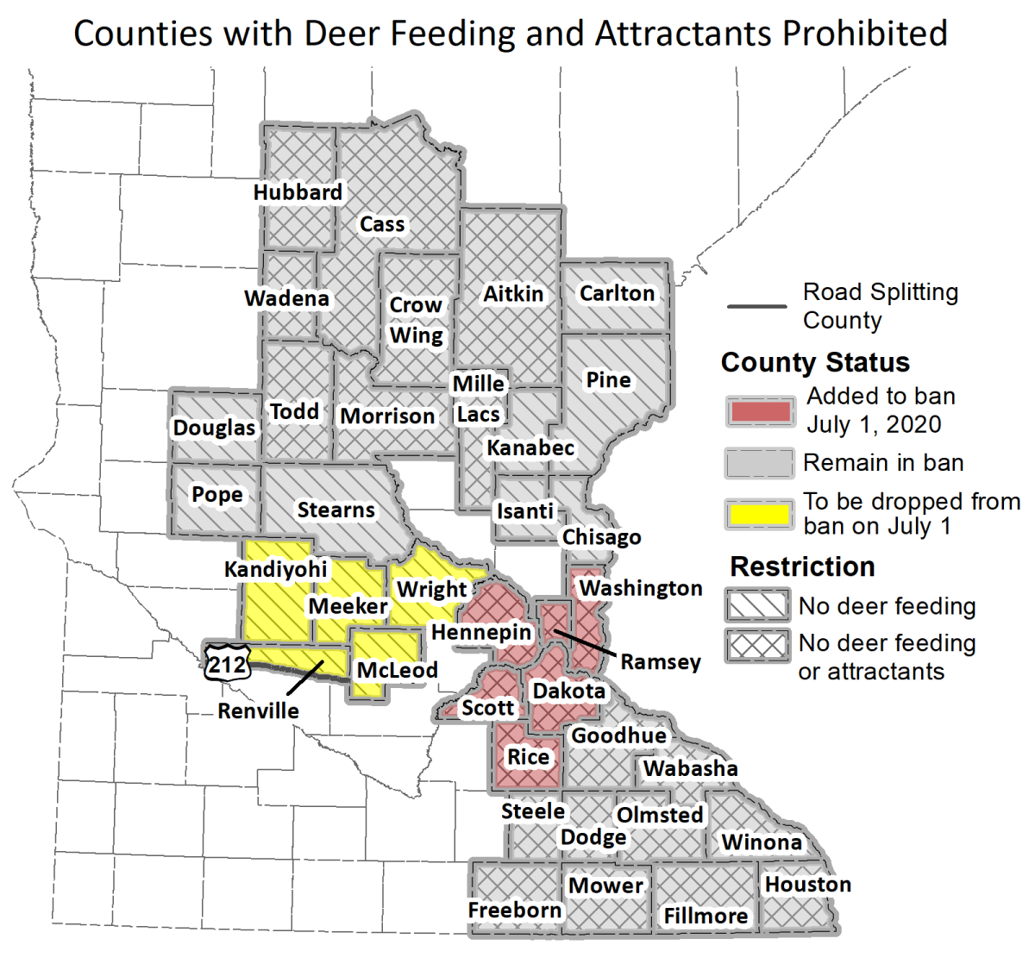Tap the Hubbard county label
click(x=298, y=191)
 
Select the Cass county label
click(x=382, y=224)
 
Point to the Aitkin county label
click(x=513, y=294)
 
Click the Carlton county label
click(x=617, y=293)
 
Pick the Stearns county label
click(x=336, y=510)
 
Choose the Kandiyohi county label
click(x=276, y=569)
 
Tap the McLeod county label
click(x=398, y=670)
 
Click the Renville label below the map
click(x=258, y=711)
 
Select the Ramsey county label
click(x=661, y=662)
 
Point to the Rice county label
click(x=528, y=757)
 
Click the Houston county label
click(x=807, y=885)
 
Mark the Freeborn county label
click(x=514, y=911)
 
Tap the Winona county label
click(x=762, y=842)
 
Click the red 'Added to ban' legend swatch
click(x=759, y=411)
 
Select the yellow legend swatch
click(x=759, y=515)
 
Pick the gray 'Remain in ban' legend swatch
click(x=759, y=463)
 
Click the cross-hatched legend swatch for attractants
click(x=757, y=645)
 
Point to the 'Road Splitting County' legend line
click(x=757, y=306)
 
